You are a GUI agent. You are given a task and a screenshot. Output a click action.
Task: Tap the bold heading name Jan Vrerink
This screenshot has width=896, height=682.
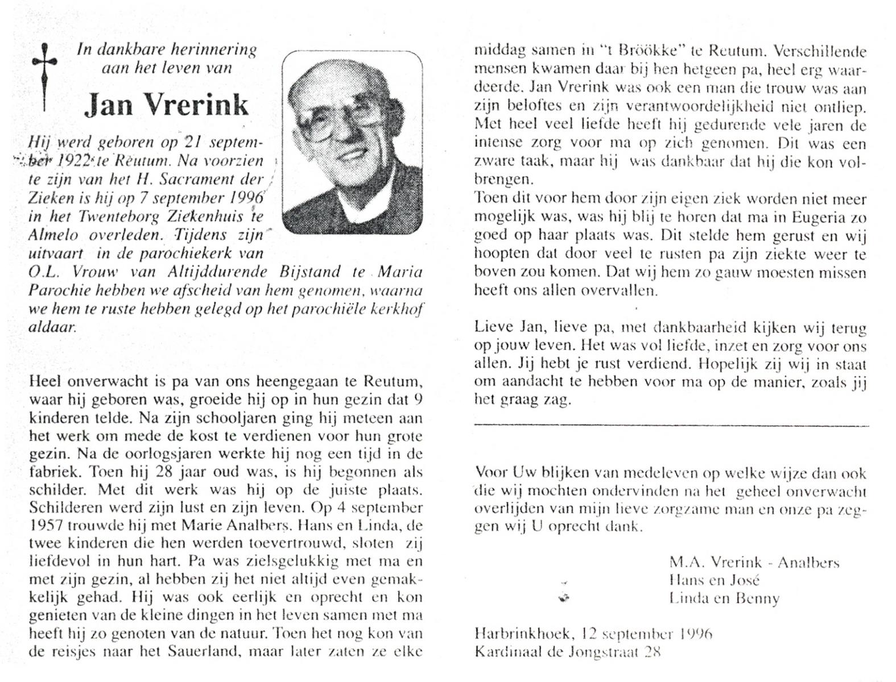click(x=167, y=105)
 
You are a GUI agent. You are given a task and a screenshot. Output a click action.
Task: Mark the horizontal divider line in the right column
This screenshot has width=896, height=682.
click(x=671, y=425)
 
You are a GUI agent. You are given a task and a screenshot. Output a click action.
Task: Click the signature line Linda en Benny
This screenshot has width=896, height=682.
click(x=724, y=598)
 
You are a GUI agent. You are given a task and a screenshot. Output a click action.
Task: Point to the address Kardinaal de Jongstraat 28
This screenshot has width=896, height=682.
click(x=568, y=652)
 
